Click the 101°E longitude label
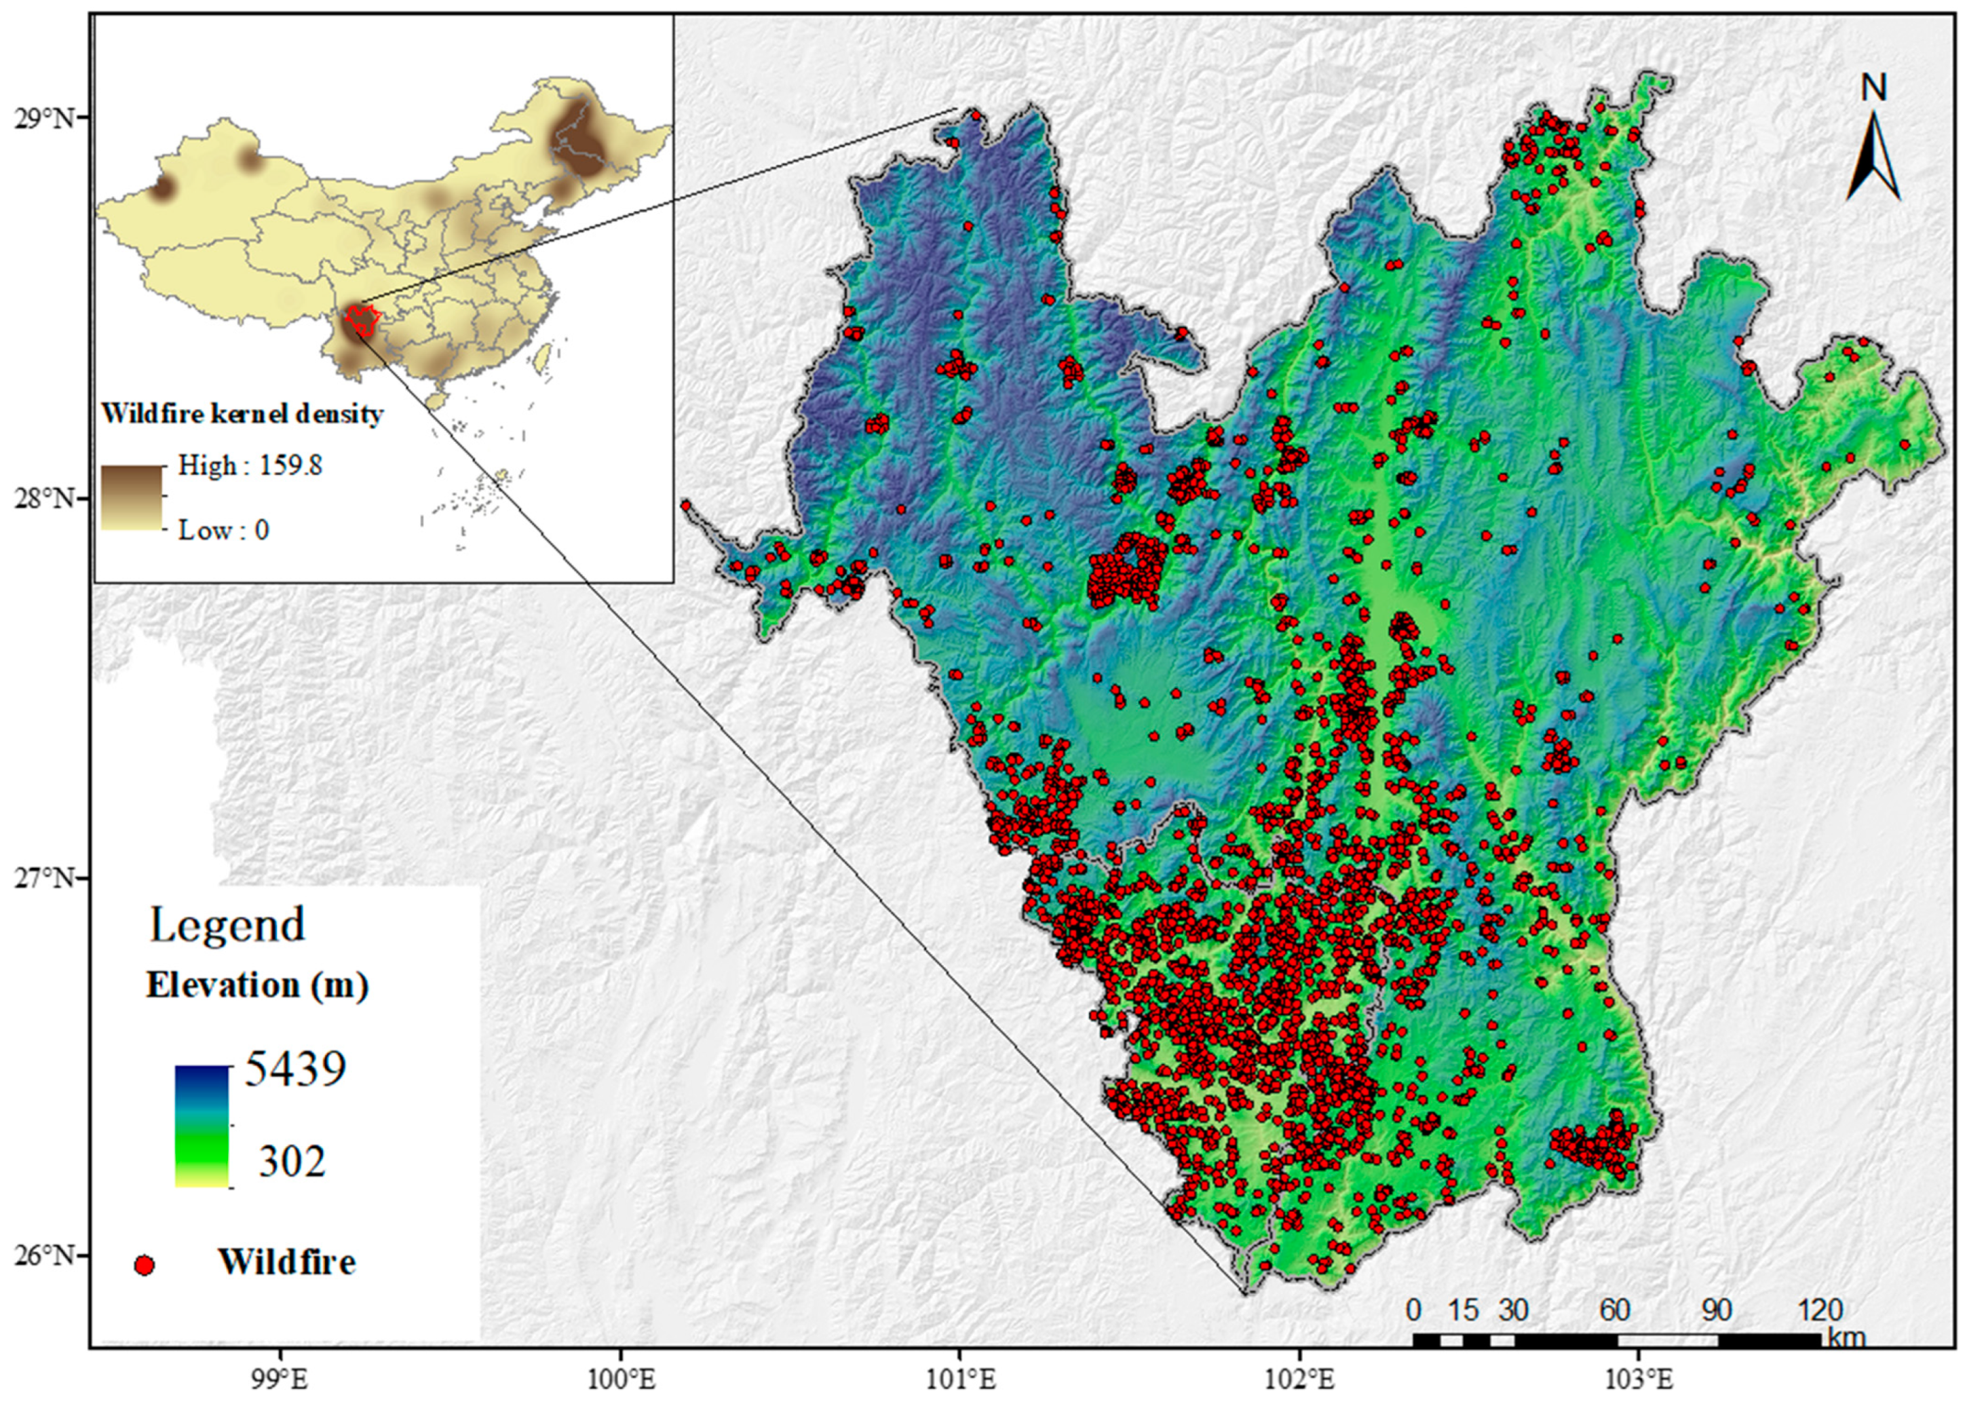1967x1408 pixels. [959, 1379]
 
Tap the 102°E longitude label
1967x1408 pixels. [1299, 1379]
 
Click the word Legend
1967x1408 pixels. [228, 924]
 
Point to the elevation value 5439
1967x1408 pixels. [294, 1068]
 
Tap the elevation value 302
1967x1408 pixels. [292, 1161]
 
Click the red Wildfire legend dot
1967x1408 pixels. [145, 1265]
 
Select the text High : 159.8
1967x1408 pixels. [250, 465]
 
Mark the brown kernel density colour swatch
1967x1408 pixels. [132, 497]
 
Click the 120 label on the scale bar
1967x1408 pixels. [1819, 1309]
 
